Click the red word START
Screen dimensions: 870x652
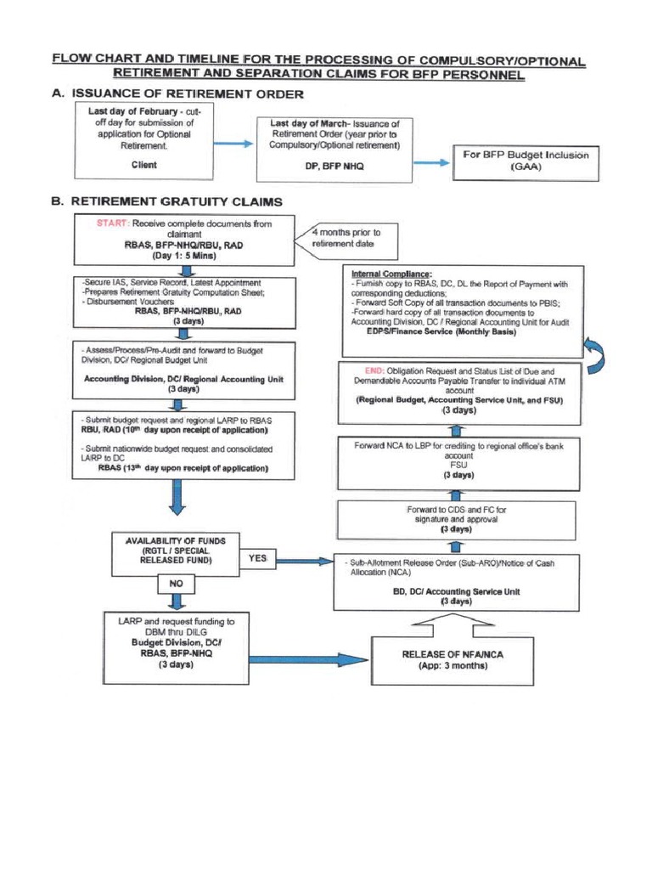(98, 223)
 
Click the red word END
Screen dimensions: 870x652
(372, 371)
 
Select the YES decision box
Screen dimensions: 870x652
(258, 558)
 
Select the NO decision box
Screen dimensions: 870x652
(176, 585)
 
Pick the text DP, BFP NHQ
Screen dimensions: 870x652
(334, 167)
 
